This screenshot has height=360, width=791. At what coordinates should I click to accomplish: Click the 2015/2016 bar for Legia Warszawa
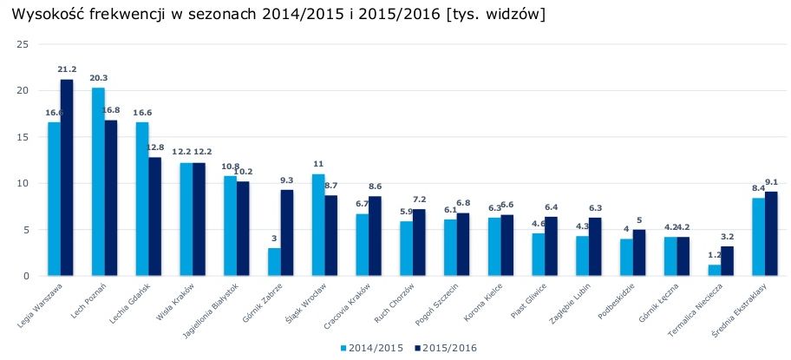coord(67,178)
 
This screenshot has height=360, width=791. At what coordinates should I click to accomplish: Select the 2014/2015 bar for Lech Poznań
coord(98,182)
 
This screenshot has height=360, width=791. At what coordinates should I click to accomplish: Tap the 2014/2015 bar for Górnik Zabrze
coord(274,262)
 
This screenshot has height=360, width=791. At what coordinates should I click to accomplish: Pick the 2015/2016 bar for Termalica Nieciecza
coord(727,261)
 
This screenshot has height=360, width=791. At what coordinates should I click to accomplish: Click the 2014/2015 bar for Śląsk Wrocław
coord(318,225)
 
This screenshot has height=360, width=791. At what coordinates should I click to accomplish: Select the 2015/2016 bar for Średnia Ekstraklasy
coord(771,233)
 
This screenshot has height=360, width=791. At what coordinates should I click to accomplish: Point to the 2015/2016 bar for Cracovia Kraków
coord(375,236)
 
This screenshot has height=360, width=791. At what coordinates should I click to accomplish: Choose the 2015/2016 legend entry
coord(447,348)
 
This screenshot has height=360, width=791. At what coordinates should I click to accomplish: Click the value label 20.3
coord(98,77)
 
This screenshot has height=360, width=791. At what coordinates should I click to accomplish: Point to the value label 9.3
coord(287,180)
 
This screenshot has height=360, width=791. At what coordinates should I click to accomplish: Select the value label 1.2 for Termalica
coord(713,255)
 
